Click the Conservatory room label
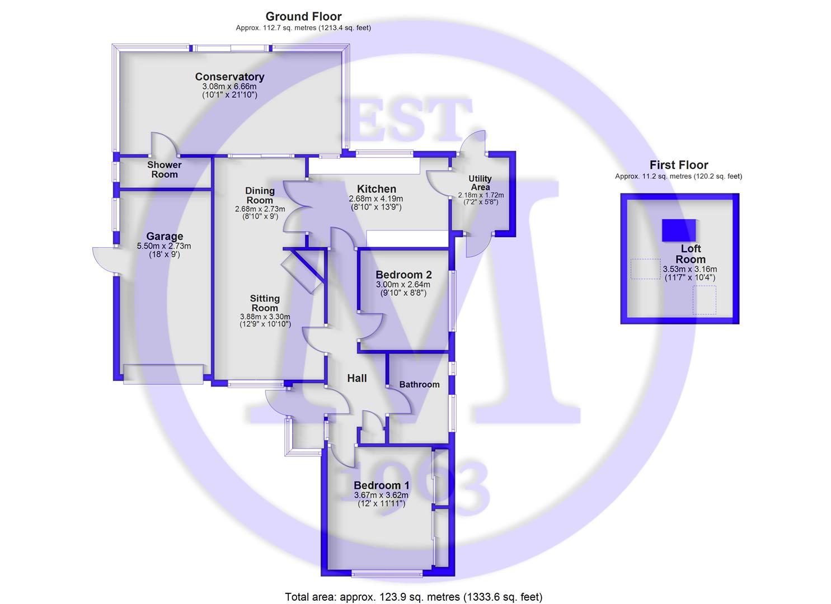pyautogui.click(x=229, y=77)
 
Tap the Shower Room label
pyautogui.click(x=164, y=169)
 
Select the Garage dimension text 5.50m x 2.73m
pyautogui.click(x=164, y=246)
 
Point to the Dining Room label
pyautogui.click(x=260, y=196)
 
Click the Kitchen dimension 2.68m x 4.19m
pyautogui.click(x=376, y=199)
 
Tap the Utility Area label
pyautogui.click(x=480, y=183)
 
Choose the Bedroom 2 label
pyautogui.click(x=403, y=275)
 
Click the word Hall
pyautogui.click(x=357, y=379)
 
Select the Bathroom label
pyautogui.click(x=419, y=384)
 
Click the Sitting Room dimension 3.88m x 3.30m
pyautogui.click(x=265, y=317)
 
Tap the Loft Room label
pyautogui.click(x=690, y=254)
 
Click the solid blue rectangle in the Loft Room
pyautogui.click(x=679, y=230)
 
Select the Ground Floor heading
pyautogui.click(x=303, y=17)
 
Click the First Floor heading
pyautogui.click(x=679, y=165)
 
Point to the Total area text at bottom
pyautogui.click(x=414, y=597)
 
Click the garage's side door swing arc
pyautogui.click(x=104, y=260)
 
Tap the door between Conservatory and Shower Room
pyautogui.click(x=164, y=144)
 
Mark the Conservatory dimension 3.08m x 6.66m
pyautogui.click(x=229, y=87)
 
